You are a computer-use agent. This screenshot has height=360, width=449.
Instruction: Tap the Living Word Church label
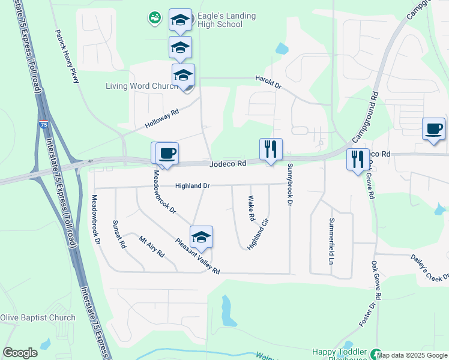tap(142, 86)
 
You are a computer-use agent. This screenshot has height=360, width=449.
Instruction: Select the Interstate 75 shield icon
tap(43, 124)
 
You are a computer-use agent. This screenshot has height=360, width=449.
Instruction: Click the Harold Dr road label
tap(268, 85)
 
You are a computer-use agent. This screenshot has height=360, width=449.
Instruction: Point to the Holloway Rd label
tap(162, 119)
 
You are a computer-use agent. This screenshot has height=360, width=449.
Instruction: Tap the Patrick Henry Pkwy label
tap(67, 57)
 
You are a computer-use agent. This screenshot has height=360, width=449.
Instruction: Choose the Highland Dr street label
tap(192, 186)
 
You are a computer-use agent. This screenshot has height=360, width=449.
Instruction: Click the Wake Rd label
tap(252, 208)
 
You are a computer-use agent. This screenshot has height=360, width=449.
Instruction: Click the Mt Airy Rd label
tap(151, 247)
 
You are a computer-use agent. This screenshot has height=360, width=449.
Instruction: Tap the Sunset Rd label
tap(119, 234)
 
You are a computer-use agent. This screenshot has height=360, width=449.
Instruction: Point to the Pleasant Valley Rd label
tap(197, 256)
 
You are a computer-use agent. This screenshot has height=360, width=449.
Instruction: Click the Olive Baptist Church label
tap(38, 318)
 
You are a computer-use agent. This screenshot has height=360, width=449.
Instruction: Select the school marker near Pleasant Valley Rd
tap(202, 238)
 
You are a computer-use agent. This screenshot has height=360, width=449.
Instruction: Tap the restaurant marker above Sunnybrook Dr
tap(271, 149)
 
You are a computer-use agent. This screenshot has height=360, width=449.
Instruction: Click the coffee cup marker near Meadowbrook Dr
tap(167, 153)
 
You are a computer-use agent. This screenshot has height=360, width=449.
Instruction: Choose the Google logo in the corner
tap(20, 353)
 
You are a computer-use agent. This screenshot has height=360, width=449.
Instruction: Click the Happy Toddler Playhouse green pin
tap(376, 355)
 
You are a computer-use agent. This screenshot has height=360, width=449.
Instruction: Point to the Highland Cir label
tap(258, 235)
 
